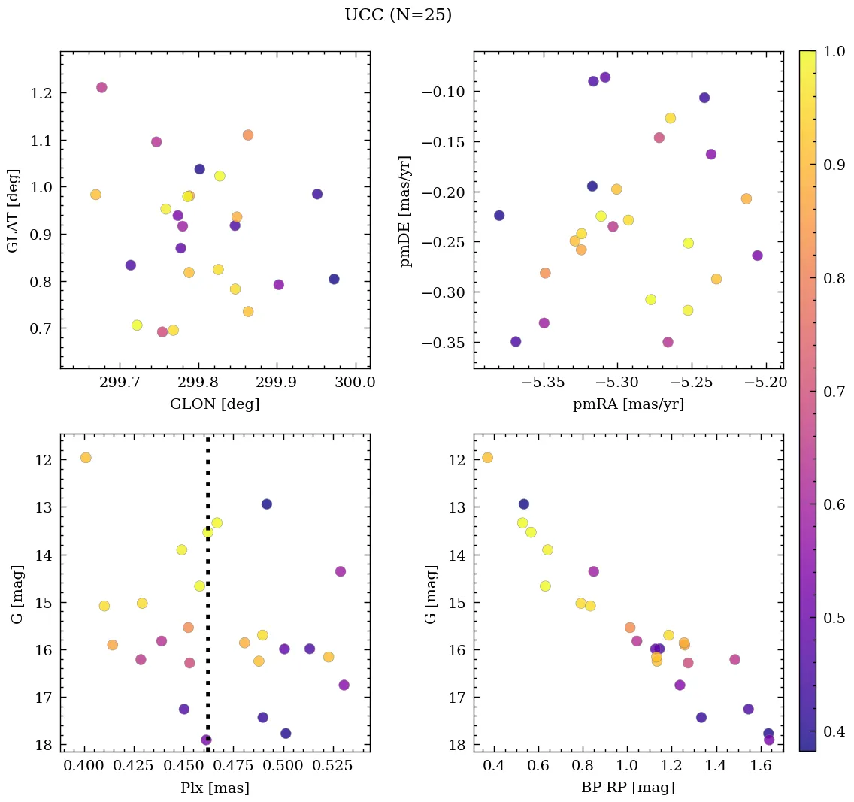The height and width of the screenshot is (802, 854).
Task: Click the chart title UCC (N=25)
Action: [398, 15]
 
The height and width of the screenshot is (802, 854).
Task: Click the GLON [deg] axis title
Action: [214, 404]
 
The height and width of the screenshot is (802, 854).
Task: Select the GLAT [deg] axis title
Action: [13, 210]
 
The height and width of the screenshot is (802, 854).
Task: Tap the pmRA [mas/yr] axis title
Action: [628, 404]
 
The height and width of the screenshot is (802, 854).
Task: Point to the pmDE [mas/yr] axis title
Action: [407, 210]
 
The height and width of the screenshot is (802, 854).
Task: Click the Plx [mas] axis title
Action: [214, 788]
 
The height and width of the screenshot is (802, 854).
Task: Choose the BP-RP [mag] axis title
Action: [628, 788]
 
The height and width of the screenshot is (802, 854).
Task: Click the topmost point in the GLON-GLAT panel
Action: [101, 87]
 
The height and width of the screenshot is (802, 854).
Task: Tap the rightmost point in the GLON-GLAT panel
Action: [334, 279]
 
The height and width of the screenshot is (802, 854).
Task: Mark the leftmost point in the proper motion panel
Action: [499, 216]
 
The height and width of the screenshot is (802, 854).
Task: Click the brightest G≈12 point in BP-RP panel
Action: [487, 458]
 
